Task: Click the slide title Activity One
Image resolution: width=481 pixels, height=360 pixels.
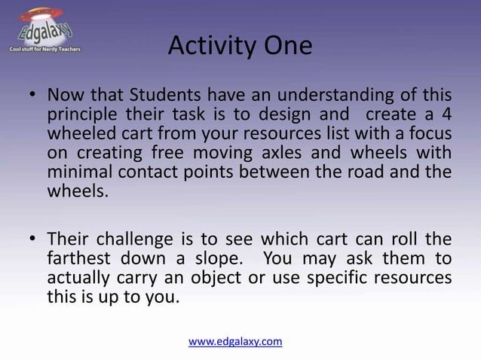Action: click(240, 47)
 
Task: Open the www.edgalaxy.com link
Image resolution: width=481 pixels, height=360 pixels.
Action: click(235, 341)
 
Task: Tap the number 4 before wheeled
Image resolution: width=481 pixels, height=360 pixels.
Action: click(446, 115)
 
